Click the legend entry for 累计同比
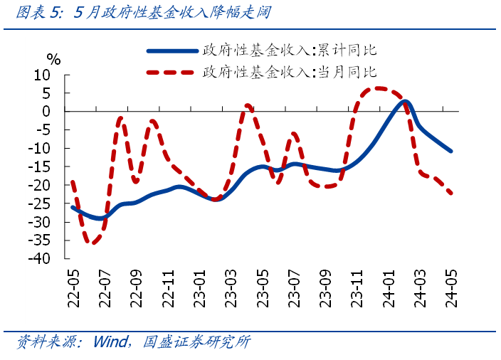point(289,51)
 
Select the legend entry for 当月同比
point(289,72)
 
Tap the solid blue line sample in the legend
point(172,51)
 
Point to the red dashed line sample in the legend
point(172,72)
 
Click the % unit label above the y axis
point(53,59)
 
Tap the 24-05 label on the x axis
point(450,288)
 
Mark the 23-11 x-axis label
point(355,288)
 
